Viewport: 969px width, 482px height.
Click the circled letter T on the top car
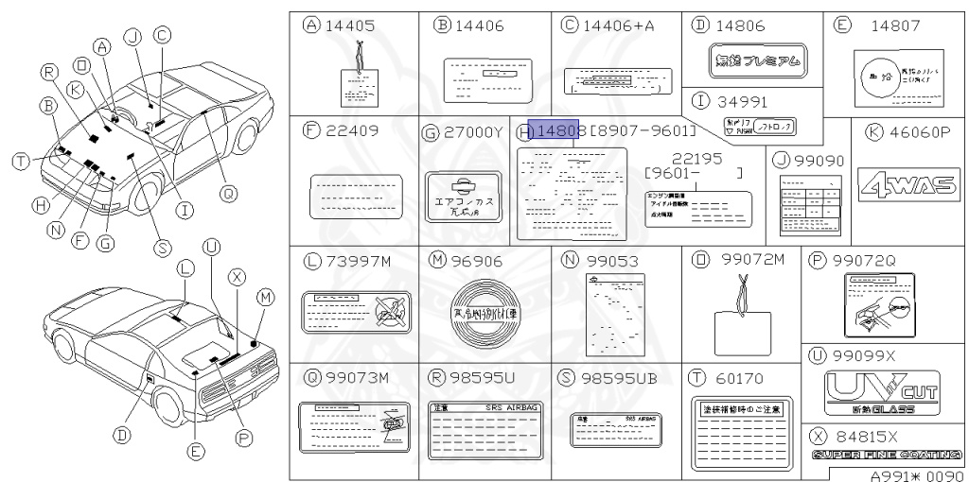[x=20, y=163]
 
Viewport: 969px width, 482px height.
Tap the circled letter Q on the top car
[x=226, y=194]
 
